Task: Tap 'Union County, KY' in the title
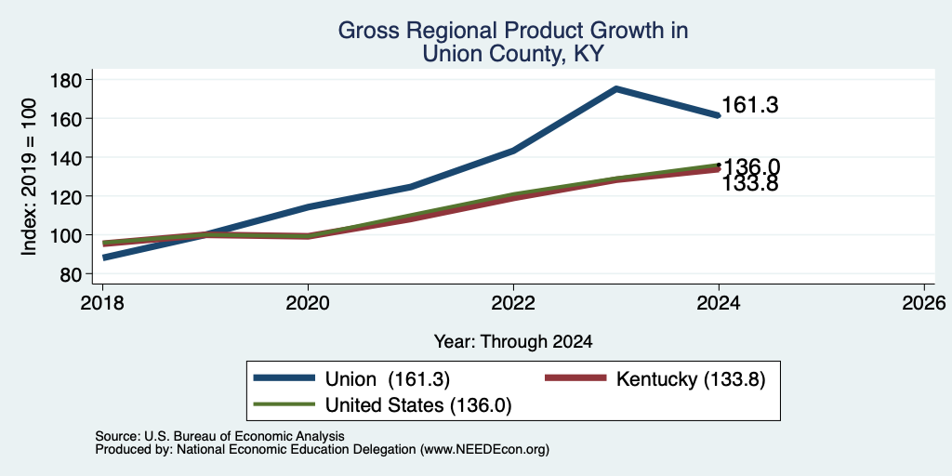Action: (513, 53)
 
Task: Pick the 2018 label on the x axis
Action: (102, 302)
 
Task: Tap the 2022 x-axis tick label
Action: (513, 302)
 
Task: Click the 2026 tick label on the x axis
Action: (924, 302)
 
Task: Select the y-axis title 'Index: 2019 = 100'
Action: (29, 177)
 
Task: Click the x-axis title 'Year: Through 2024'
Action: (513, 342)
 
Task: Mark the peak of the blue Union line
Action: (616, 88)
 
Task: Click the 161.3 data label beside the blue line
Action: (750, 106)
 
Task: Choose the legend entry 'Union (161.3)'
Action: (388, 379)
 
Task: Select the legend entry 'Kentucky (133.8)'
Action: (691, 379)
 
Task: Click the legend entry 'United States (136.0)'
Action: (418, 405)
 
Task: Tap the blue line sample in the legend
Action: (284, 378)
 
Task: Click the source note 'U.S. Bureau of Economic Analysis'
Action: (245, 437)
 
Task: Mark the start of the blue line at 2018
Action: (104, 258)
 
